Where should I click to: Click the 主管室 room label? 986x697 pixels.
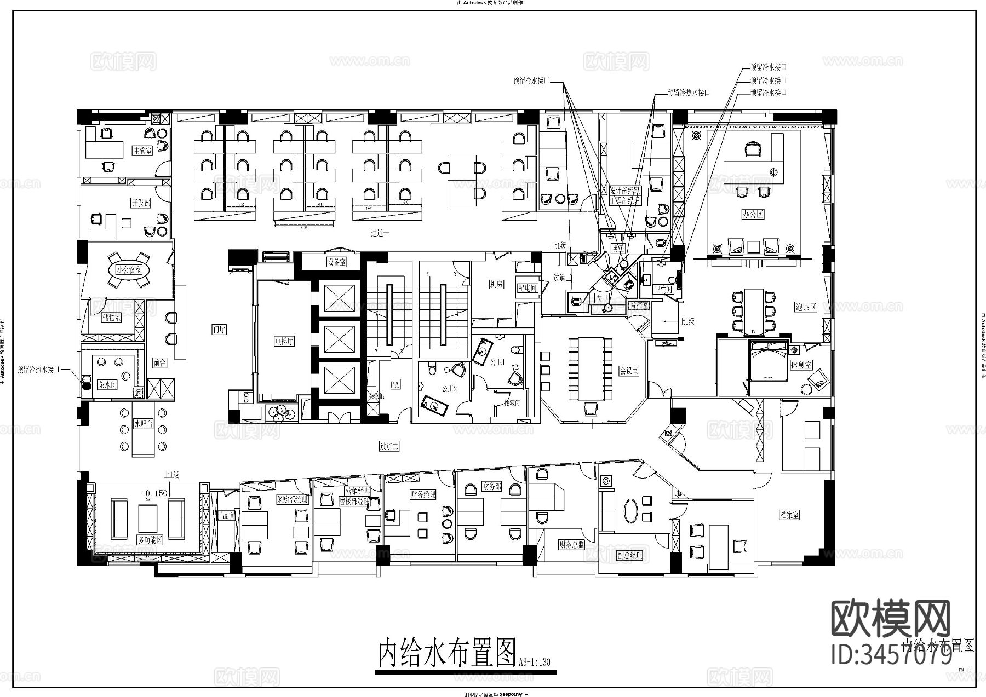click(142, 150)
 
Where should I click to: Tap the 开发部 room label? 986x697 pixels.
click(141, 203)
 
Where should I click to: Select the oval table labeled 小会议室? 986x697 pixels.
click(129, 269)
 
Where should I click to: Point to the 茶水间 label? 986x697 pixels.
click(107, 384)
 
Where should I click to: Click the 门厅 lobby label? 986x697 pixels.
click(219, 329)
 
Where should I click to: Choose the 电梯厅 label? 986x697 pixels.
click(284, 341)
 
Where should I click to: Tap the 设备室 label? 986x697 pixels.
click(336, 262)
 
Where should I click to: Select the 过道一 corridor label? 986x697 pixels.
click(380, 233)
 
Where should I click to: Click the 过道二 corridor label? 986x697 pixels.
click(389, 446)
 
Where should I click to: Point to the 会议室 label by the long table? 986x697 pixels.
click(629, 371)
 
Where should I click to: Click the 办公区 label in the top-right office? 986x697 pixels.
click(752, 214)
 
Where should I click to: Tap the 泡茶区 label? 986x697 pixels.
click(806, 307)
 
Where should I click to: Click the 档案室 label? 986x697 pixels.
click(789, 515)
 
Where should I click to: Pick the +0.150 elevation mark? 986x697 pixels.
click(155, 493)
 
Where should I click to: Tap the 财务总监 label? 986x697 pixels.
click(572, 544)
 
